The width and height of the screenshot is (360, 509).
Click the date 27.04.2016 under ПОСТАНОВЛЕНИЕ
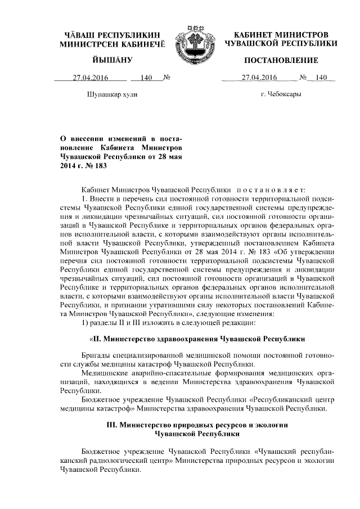(x=256, y=78)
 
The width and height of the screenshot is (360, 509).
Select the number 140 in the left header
(x=147, y=78)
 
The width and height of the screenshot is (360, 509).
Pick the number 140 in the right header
(x=321, y=78)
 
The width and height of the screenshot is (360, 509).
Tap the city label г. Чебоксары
(x=281, y=94)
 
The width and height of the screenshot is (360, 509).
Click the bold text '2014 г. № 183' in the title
(x=83, y=166)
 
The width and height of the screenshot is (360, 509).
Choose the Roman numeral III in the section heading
(x=112, y=426)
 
